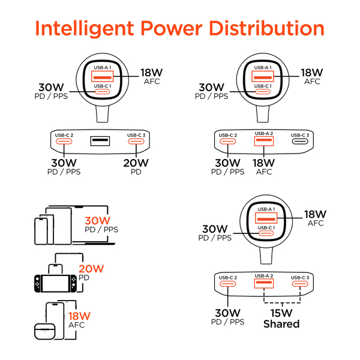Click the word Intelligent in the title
[x=85, y=28]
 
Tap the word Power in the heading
[x=171, y=28]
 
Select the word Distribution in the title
[x=266, y=28]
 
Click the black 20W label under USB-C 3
[x=136, y=163]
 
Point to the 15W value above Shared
[x=281, y=313]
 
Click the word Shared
[x=281, y=324]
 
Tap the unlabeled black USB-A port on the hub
[x=100, y=141]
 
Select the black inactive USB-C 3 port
[x=300, y=141]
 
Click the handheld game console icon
[x=56, y=284]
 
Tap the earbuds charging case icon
[x=45, y=331]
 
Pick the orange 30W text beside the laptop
[x=98, y=221]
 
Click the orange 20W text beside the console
[x=91, y=269]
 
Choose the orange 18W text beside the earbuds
[x=79, y=316]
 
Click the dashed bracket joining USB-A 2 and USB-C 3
[x=282, y=303]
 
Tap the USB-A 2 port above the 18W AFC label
[x=264, y=141]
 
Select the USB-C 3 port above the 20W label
[x=136, y=141]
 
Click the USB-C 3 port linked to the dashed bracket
[x=300, y=284]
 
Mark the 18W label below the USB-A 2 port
[x=264, y=163]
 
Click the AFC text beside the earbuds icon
[x=76, y=325]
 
